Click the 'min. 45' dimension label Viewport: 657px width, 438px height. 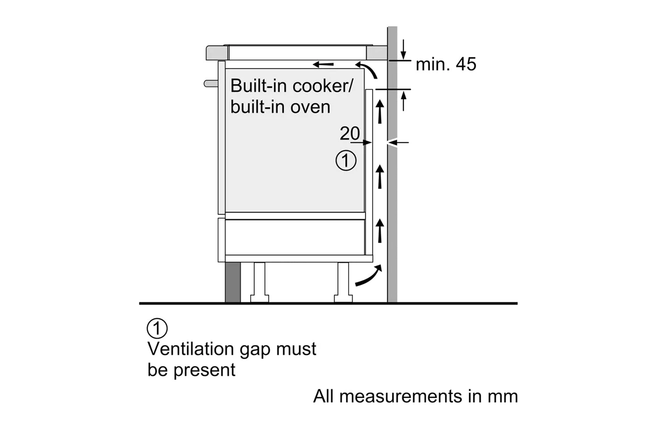pyautogui.click(x=445, y=64)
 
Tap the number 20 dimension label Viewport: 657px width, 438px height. pyautogui.click(x=350, y=134)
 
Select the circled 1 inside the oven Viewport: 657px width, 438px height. pyautogui.click(x=346, y=161)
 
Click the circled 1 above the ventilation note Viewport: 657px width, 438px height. pyautogui.click(x=157, y=328)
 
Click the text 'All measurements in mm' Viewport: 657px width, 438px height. pyautogui.click(x=415, y=396)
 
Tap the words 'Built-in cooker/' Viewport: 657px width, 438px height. pyautogui.click(x=291, y=86)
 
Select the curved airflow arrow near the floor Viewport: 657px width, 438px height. pyautogui.click(x=368, y=276)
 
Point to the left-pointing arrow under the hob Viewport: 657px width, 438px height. pyautogui.click(x=323, y=65)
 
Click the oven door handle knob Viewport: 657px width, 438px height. pyautogui.click(x=211, y=83)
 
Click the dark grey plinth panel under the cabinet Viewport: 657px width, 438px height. pyautogui.click(x=233, y=282)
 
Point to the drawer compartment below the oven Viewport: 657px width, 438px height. pyautogui.click(x=294, y=237)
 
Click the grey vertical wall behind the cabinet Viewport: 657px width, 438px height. pyautogui.click(x=392, y=197)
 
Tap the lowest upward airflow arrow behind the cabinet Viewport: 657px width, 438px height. pyautogui.click(x=380, y=230)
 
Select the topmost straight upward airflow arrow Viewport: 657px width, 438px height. pyautogui.click(x=380, y=111)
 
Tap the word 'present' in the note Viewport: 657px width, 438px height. pyautogui.click(x=204, y=371)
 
